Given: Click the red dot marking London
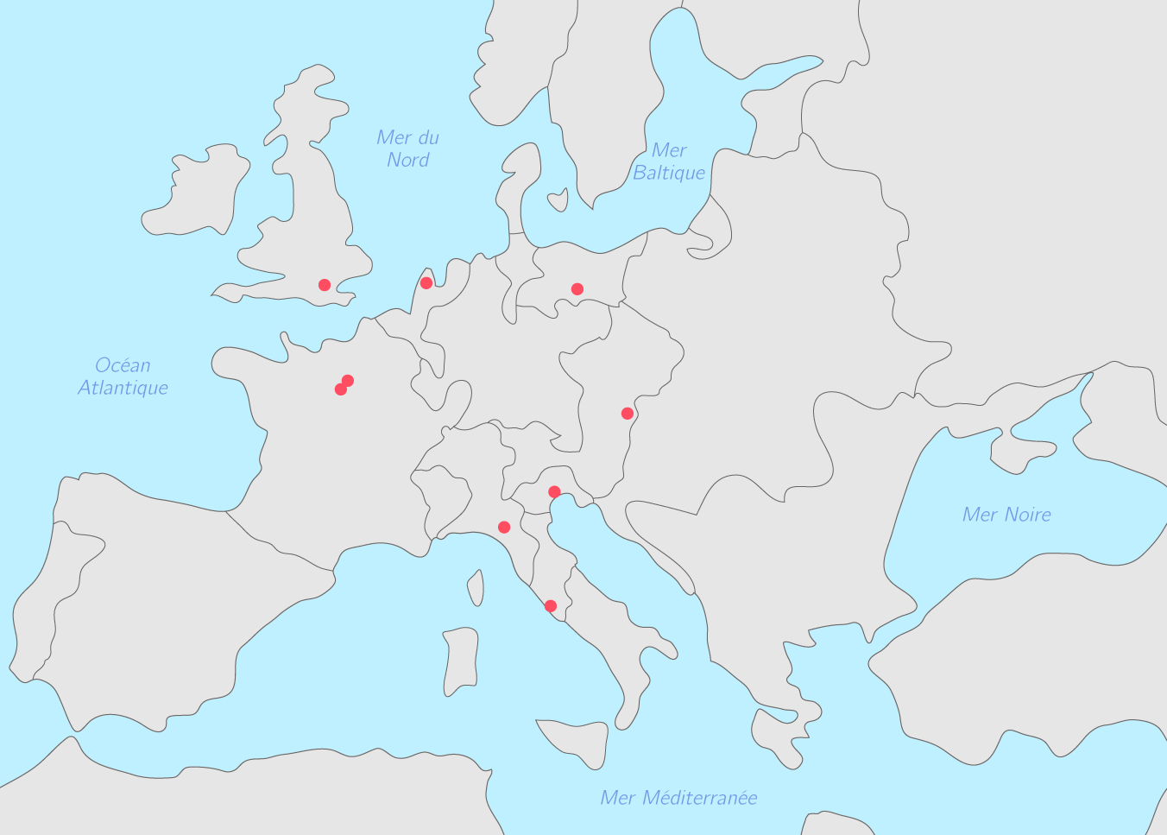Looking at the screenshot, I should click(x=325, y=285).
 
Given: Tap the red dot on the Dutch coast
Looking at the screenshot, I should click(x=426, y=283).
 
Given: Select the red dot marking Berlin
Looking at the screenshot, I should click(x=577, y=289).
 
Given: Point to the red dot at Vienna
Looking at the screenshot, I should click(x=628, y=414).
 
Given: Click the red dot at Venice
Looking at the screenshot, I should click(x=554, y=492).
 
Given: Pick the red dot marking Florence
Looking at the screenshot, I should click(x=504, y=528).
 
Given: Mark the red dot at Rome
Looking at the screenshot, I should click(x=551, y=606).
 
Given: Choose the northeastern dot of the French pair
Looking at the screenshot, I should click(x=348, y=381).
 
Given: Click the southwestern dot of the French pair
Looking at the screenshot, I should click(x=341, y=389).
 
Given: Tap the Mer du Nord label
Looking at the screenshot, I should click(x=408, y=149).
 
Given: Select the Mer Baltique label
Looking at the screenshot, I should click(x=669, y=161).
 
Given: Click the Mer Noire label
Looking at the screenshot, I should click(x=1006, y=515).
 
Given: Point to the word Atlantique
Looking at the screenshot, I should click(x=123, y=388).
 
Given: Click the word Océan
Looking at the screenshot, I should click(x=123, y=365).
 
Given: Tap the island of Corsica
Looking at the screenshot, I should click(x=476, y=587).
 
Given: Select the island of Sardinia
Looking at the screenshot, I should click(x=461, y=661).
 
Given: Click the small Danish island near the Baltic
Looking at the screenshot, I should click(x=558, y=201).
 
